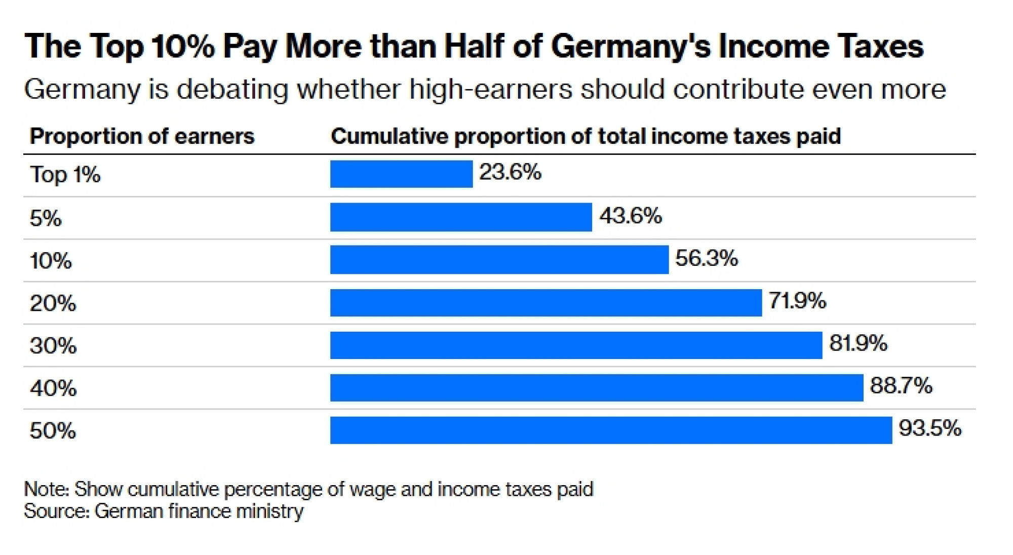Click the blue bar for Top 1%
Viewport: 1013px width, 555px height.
pyautogui.click(x=401, y=174)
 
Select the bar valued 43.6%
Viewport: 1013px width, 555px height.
pyautogui.click(x=461, y=217)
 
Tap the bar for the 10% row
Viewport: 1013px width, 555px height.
pyautogui.click(x=499, y=260)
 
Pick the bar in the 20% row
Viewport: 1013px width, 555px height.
pyautogui.click(x=546, y=302)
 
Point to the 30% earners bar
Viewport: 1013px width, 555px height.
pyautogui.click(x=576, y=345)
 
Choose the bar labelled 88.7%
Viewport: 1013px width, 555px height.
pyautogui.click(x=597, y=387)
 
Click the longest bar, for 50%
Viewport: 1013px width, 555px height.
pyautogui.click(x=611, y=430)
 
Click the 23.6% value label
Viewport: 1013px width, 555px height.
pyautogui.click(x=510, y=172)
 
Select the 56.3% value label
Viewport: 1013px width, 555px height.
pyautogui.click(x=707, y=258)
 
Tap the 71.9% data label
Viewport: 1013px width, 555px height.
pyautogui.click(x=797, y=301)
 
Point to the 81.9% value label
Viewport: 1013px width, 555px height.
pyautogui.click(x=858, y=343)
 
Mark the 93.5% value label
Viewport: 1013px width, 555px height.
pyautogui.click(x=930, y=428)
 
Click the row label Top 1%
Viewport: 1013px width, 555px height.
pyautogui.click(x=65, y=175)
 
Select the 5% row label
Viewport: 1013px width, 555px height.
pyautogui.click(x=46, y=218)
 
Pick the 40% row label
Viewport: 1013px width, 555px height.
pyautogui.click(x=53, y=388)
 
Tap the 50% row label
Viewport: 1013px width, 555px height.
pyautogui.click(x=53, y=431)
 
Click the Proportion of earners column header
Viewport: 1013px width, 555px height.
pyautogui.click(x=142, y=136)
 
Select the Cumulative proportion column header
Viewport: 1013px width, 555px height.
pyautogui.click(x=586, y=136)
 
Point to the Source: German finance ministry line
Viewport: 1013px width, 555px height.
pyautogui.click(x=164, y=511)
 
